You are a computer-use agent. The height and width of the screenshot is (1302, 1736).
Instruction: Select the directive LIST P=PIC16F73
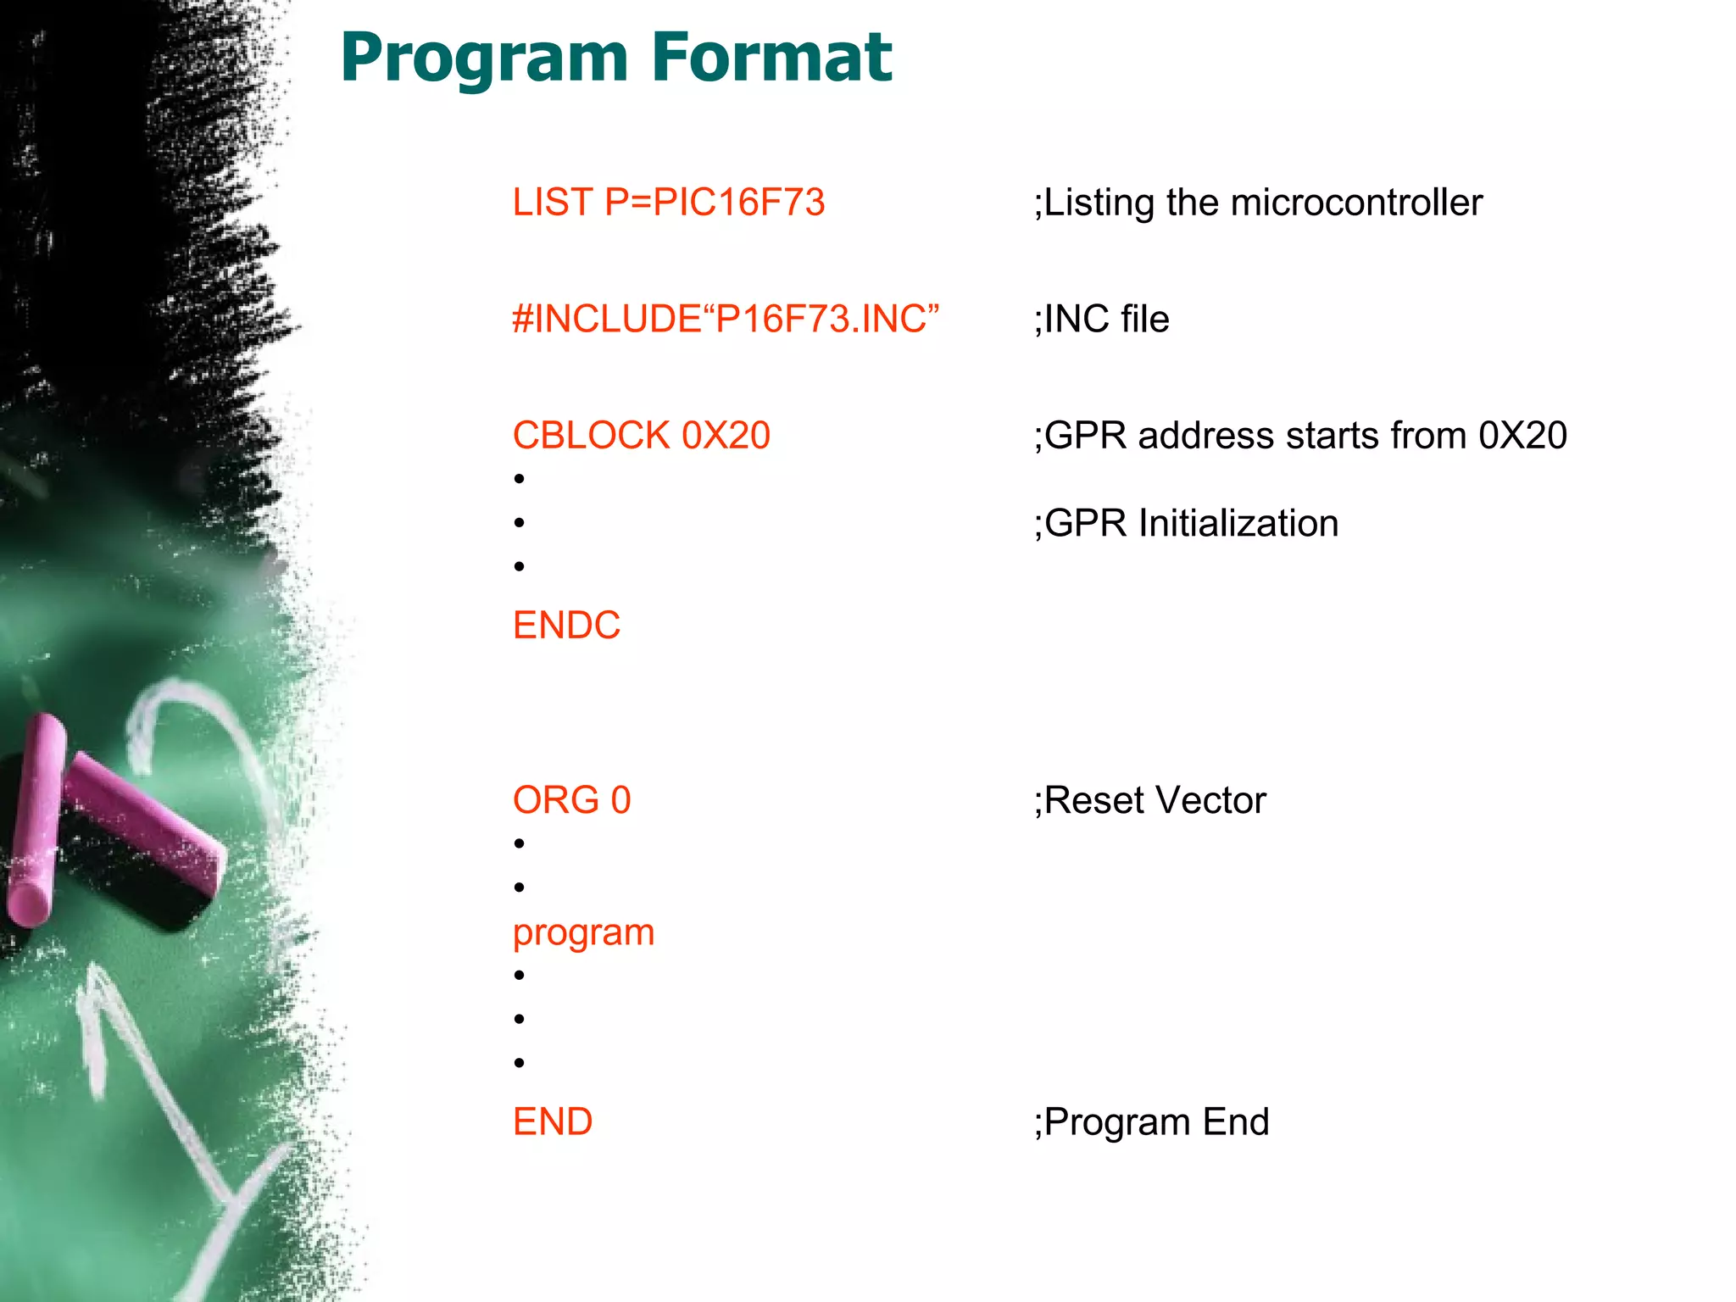coord(668,203)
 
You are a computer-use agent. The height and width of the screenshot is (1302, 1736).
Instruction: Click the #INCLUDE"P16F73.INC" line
coord(726,320)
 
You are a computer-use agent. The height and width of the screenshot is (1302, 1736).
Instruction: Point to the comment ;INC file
coord(1101,320)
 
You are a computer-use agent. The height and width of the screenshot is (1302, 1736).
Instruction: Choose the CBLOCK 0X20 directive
coord(641,436)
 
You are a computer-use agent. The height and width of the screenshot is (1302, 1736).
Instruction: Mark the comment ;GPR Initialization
coord(1186,524)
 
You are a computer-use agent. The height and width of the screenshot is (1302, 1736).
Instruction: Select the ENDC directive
coord(566,626)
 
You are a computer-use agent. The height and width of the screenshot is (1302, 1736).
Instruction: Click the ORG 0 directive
coord(571,800)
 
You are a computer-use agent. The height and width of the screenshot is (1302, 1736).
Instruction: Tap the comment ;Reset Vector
coord(1149,800)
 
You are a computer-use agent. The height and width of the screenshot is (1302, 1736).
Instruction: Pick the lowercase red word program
coord(583,933)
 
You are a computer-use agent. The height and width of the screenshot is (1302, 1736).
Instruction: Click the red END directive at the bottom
coord(553,1122)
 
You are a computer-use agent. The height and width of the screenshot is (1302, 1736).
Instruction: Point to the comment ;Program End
coord(1151,1122)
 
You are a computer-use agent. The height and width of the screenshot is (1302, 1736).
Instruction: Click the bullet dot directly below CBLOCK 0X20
coord(520,479)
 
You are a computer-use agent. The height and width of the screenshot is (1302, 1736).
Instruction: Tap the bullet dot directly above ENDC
coord(520,566)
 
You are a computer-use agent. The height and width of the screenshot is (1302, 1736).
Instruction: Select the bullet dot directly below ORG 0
coord(520,843)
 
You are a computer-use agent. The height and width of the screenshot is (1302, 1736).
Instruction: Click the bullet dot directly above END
coord(520,1063)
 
